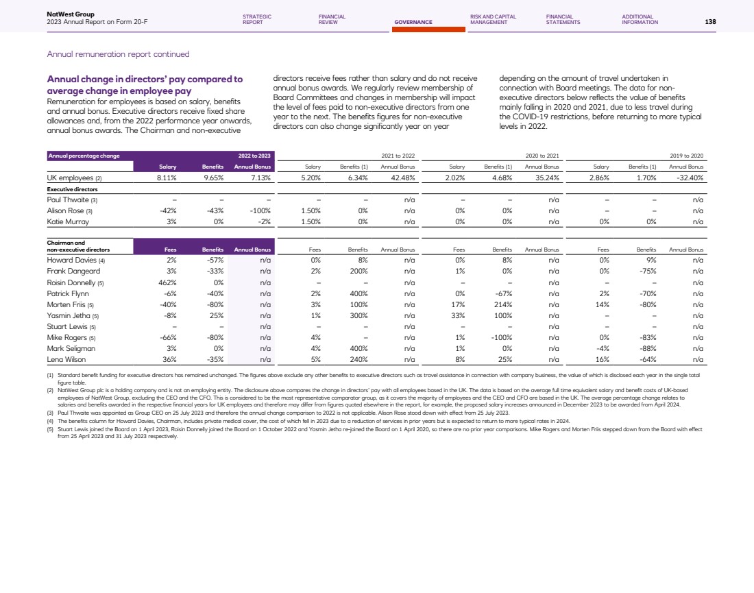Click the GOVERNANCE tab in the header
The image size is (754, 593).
[x=413, y=22]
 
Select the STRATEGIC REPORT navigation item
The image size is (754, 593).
[x=257, y=19]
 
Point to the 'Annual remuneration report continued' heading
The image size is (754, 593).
[x=118, y=54]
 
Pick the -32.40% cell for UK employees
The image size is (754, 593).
[x=691, y=177]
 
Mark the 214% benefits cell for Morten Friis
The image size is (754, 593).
[x=496, y=304]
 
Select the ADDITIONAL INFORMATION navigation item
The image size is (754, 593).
[x=640, y=19]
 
